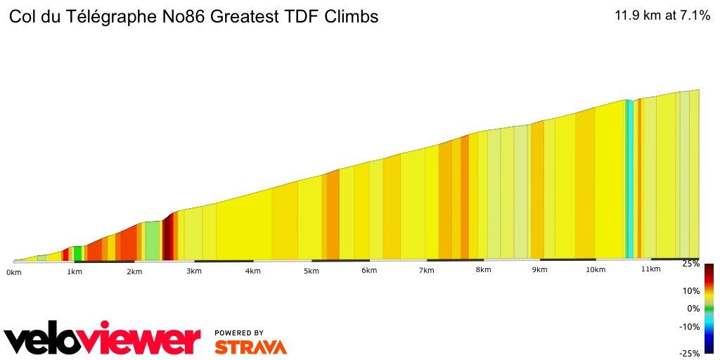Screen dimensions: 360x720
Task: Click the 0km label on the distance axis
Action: point(14,271)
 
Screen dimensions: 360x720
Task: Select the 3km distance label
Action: point(194,271)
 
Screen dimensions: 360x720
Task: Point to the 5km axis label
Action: point(311,271)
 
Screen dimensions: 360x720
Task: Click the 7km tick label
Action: point(426,271)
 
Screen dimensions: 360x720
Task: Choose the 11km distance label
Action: point(651,269)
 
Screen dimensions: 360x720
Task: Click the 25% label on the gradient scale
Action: point(691,264)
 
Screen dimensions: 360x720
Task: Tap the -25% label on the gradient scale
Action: point(690,354)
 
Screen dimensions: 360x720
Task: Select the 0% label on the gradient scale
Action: point(693,308)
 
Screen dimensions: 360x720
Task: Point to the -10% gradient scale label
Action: point(690,326)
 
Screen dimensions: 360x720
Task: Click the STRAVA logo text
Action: point(250,347)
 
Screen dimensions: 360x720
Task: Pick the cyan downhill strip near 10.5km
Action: point(631,179)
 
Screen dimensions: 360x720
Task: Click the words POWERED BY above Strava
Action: point(239,333)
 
